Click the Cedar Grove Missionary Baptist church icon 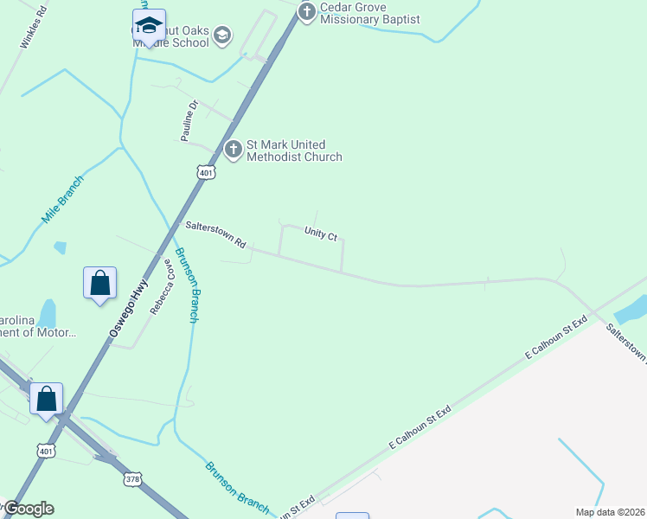point(306,12)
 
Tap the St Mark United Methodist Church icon point(233,150)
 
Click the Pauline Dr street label point(190,120)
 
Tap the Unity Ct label point(320,234)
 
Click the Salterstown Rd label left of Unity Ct point(215,234)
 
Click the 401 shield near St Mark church point(205,172)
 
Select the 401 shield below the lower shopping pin point(47,451)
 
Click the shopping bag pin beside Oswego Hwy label point(100,283)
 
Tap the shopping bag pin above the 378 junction point(47,399)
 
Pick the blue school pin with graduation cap point(149,26)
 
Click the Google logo point(29,509)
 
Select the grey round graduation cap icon point(222,35)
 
